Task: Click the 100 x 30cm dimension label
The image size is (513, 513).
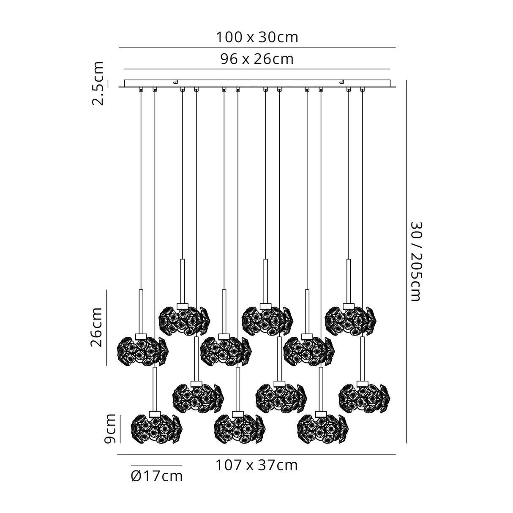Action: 257,38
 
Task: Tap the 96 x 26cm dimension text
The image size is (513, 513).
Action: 257,60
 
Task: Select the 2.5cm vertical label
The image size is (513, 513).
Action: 98,83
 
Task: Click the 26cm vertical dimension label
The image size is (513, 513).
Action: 97,327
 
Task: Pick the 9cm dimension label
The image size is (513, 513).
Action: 110,429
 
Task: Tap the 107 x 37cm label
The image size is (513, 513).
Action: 256,465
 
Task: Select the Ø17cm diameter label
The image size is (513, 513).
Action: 157,476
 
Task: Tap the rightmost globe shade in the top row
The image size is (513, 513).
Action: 350,319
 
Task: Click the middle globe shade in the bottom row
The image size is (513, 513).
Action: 239,428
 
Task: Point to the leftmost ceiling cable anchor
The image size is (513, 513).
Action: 141,90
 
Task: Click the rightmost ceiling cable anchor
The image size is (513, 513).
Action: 362,90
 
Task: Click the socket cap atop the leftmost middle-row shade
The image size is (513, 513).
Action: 141,336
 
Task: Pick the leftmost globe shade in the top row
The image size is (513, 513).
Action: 184,319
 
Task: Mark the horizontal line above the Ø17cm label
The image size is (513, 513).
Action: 156,465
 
